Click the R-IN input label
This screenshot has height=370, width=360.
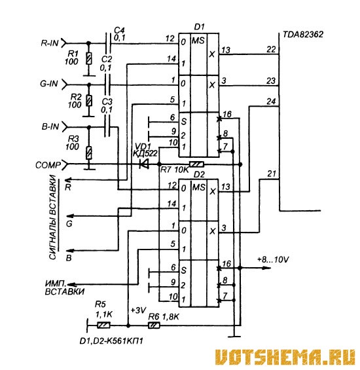50,43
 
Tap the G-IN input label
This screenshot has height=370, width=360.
49,84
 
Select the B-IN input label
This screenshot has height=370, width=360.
50,126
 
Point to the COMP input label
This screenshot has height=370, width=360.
48,165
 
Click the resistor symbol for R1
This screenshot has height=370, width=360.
89,58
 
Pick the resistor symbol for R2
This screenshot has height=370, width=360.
89,101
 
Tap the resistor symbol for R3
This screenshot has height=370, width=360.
89,153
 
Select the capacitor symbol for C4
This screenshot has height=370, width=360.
108,43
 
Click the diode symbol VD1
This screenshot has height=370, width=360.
144,164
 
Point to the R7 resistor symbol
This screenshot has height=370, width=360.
196,164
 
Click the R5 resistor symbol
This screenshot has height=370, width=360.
103,325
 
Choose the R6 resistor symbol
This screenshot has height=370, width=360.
154,325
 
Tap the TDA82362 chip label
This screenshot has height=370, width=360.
303,35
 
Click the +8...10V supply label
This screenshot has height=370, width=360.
273,260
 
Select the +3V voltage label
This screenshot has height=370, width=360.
138,310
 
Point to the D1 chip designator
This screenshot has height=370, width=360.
199,27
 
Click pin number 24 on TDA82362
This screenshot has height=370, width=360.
271,102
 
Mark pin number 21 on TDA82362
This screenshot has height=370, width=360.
272,174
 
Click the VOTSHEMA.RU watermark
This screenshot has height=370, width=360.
285,357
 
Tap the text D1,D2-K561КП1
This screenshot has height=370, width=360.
111,341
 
